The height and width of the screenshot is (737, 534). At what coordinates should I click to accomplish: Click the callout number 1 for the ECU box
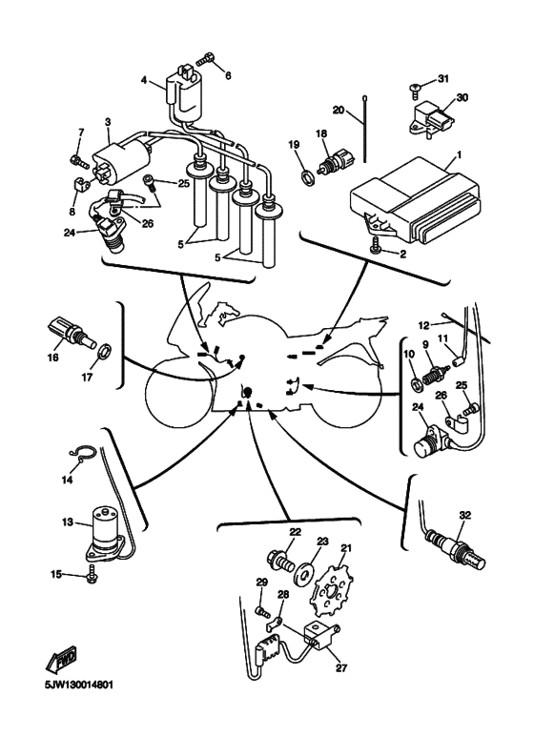pyautogui.click(x=459, y=154)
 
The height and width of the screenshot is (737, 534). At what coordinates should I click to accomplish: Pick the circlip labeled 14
pyautogui.click(x=83, y=451)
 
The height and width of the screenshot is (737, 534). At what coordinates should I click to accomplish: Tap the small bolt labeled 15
pyautogui.click(x=92, y=576)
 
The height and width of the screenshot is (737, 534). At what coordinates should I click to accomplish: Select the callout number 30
pyautogui.click(x=462, y=98)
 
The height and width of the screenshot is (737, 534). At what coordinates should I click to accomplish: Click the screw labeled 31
pyautogui.click(x=415, y=90)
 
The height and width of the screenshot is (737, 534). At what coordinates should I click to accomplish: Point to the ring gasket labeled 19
pyautogui.click(x=307, y=176)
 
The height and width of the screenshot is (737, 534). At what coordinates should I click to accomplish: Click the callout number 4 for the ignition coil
pyautogui.click(x=144, y=80)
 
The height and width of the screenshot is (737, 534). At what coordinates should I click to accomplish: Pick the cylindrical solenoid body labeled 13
pyautogui.click(x=107, y=534)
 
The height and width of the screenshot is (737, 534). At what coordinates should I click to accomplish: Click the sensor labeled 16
pyautogui.click(x=72, y=333)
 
